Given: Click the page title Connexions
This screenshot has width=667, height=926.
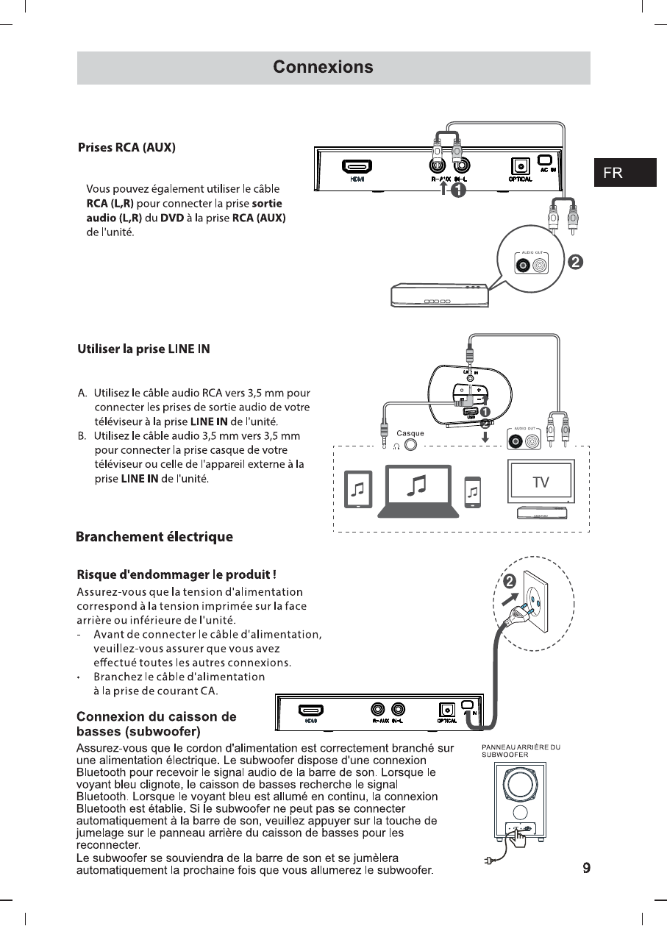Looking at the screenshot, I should coord(323,68).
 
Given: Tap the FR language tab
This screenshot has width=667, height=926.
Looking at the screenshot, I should coord(613,173).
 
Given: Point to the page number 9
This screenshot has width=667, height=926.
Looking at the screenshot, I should coord(586,868).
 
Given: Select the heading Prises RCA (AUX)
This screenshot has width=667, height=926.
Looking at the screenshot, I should coord(126,147).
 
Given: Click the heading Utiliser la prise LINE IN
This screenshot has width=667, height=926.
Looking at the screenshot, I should coord(143,349).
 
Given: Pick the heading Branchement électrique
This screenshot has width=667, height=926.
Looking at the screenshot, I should coord(154,537).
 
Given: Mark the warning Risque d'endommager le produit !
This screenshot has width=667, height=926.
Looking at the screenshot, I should coord(176,574).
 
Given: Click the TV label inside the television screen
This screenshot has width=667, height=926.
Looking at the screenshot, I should coord(541,482).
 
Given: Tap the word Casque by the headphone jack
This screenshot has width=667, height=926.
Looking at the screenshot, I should coord(410,433).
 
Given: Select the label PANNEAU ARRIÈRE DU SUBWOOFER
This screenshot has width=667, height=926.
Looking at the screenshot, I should coord(521,751).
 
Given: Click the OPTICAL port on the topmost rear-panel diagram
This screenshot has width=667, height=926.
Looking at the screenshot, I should coord(521,168).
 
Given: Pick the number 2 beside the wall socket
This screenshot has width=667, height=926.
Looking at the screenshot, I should coord(509,583).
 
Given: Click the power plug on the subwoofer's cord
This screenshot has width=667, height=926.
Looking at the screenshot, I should coord(488,861).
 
